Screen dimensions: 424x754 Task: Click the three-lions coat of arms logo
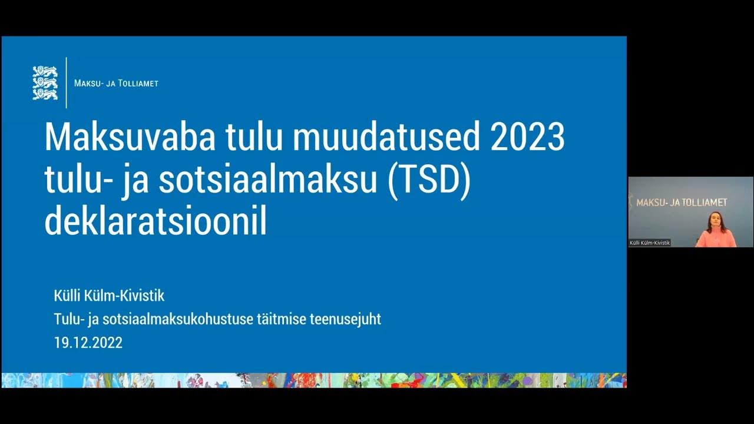pyautogui.click(x=45, y=83)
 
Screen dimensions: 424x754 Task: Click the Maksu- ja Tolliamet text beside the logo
pyautogui.click(x=116, y=84)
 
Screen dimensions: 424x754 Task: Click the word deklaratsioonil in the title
pyautogui.click(x=156, y=222)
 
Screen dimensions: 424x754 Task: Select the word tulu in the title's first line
pyautogui.click(x=253, y=137)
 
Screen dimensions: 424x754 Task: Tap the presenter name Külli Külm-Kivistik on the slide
pyautogui.click(x=110, y=296)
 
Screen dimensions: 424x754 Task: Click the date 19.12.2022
pyautogui.click(x=88, y=343)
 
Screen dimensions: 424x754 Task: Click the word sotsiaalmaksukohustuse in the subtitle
pyautogui.click(x=177, y=319)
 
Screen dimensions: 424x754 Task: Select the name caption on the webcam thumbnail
pyautogui.click(x=650, y=243)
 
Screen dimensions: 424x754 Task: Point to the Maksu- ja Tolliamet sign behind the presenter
pyautogui.click(x=682, y=202)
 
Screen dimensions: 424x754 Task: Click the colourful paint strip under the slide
pyautogui.click(x=313, y=380)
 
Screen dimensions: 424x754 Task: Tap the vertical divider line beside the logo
pyautogui.click(x=67, y=83)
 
